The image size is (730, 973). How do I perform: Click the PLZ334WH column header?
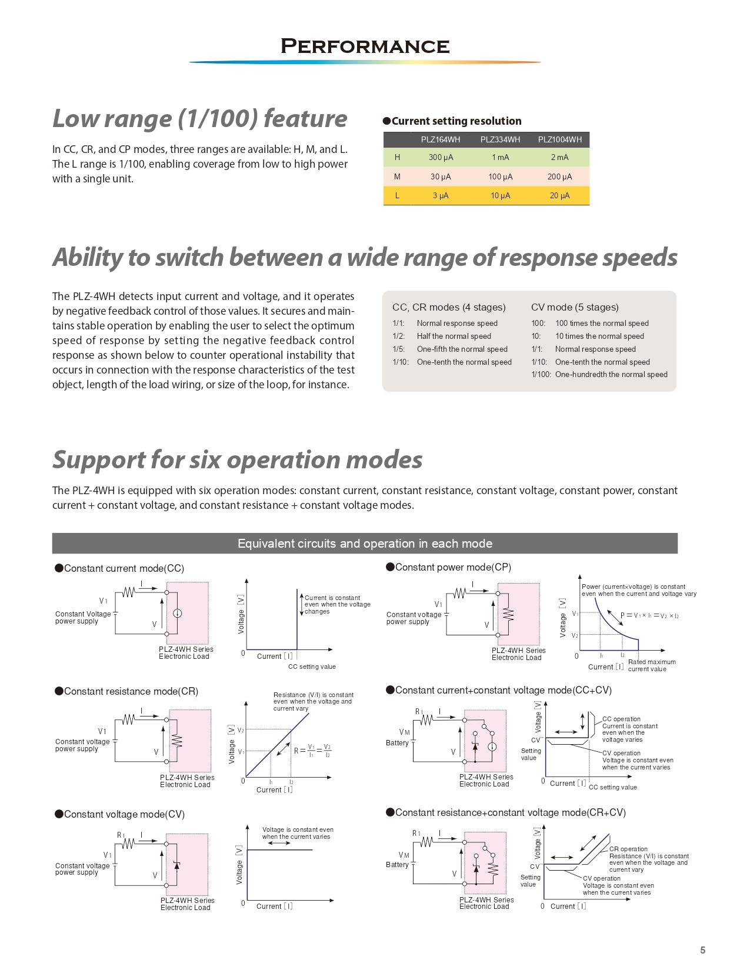(500, 139)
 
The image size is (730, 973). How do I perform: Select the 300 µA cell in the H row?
(441, 158)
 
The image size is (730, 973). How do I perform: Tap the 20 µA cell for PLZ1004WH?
(559, 196)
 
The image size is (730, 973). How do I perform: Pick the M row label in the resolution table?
(397, 176)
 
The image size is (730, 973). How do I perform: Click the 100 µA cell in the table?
(500, 176)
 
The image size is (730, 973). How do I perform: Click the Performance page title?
(365, 46)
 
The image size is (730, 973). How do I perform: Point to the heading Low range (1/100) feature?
(200, 118)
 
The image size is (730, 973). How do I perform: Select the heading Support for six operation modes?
(238, 459)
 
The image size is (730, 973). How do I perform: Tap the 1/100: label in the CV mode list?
(541, 374)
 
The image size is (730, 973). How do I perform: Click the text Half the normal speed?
(454, 336)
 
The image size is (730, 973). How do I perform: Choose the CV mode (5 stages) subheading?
(575, 307)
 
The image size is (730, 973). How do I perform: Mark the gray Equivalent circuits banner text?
(365, 544)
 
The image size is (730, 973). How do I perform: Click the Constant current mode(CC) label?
(124, 568)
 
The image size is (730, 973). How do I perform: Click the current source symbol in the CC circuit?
(177, 613)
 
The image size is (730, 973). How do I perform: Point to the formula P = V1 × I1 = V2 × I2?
(649, 615)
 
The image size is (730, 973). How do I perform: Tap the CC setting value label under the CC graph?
(312, 667)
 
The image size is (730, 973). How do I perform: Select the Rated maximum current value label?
(652, 665)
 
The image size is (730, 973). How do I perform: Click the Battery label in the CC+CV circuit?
(397, 743)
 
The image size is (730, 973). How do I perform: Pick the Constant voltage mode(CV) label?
(124, 814)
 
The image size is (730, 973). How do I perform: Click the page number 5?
(702, 950)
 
